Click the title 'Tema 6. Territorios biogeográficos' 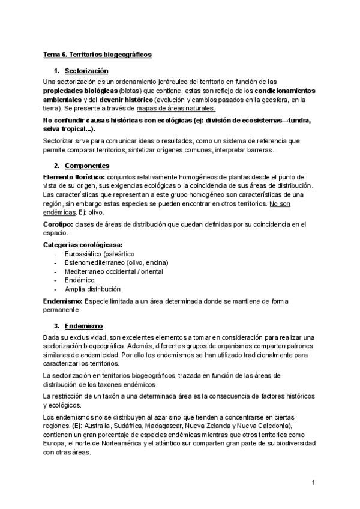(98, 54)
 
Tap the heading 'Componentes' (87, 165)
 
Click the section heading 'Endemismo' (84, 326)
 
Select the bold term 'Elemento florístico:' (74, 177)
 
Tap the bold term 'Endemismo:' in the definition (64, 300)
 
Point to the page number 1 (313, 483)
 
